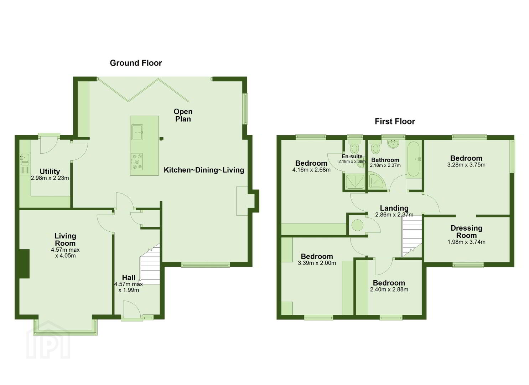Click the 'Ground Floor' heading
(136, 63)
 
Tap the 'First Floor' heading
(395, 122)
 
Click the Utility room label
(50, 171)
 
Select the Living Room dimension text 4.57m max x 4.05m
(66, 253)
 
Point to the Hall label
(129, 277)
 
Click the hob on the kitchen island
(137, 161)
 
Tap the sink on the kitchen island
(137, 132)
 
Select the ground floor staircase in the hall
(150, 264)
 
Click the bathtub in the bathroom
(414, 159)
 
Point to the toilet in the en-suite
(354, 147)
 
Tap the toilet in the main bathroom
(375, 147)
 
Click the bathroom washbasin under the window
(393, 144)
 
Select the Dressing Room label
(466, 232)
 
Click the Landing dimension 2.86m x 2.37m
(394, 215)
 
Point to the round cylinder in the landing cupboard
(357, 225)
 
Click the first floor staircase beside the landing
(412, 236)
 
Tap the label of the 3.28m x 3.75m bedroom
(466, 158)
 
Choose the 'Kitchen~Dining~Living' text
(204, 170)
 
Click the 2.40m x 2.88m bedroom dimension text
(389, 289)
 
